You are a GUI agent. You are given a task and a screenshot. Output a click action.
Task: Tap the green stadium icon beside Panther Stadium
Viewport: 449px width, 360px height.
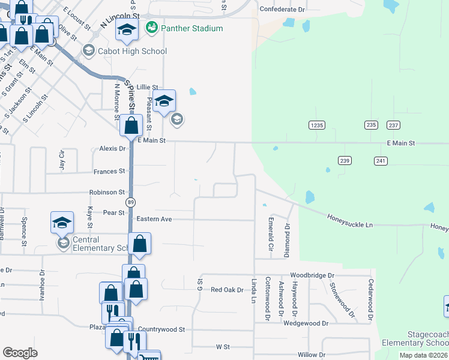(151, 28)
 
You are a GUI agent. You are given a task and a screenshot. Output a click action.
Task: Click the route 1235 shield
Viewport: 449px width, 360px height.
(317, 125)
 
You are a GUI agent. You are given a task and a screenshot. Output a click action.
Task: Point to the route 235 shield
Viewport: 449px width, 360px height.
(370, 125)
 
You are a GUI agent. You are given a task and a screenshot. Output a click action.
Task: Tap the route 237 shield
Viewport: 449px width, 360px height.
(393, 125)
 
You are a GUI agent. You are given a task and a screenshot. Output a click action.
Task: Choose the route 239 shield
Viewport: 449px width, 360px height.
(344, 161)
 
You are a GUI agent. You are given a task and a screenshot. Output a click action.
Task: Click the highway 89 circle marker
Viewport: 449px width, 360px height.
(129, 203)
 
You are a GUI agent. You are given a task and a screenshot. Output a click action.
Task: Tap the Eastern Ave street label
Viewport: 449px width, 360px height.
(154, 219)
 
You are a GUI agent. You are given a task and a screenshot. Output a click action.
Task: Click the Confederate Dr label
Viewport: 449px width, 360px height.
(282, 10)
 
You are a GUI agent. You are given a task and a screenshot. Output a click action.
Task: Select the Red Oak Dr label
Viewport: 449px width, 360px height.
(227, 290)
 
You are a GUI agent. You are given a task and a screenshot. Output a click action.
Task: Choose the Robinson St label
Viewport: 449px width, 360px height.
(107, 193)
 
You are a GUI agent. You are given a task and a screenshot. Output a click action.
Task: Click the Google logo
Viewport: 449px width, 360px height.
(20, 353)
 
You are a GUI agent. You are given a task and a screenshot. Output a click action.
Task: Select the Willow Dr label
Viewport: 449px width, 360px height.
(311, 355)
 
